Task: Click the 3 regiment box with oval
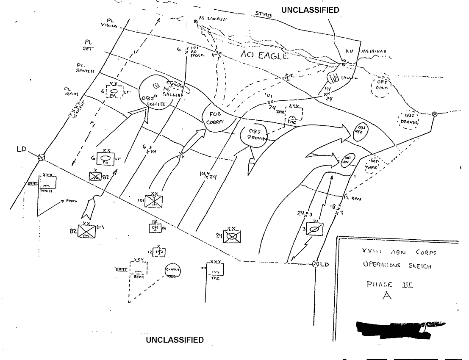314,230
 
